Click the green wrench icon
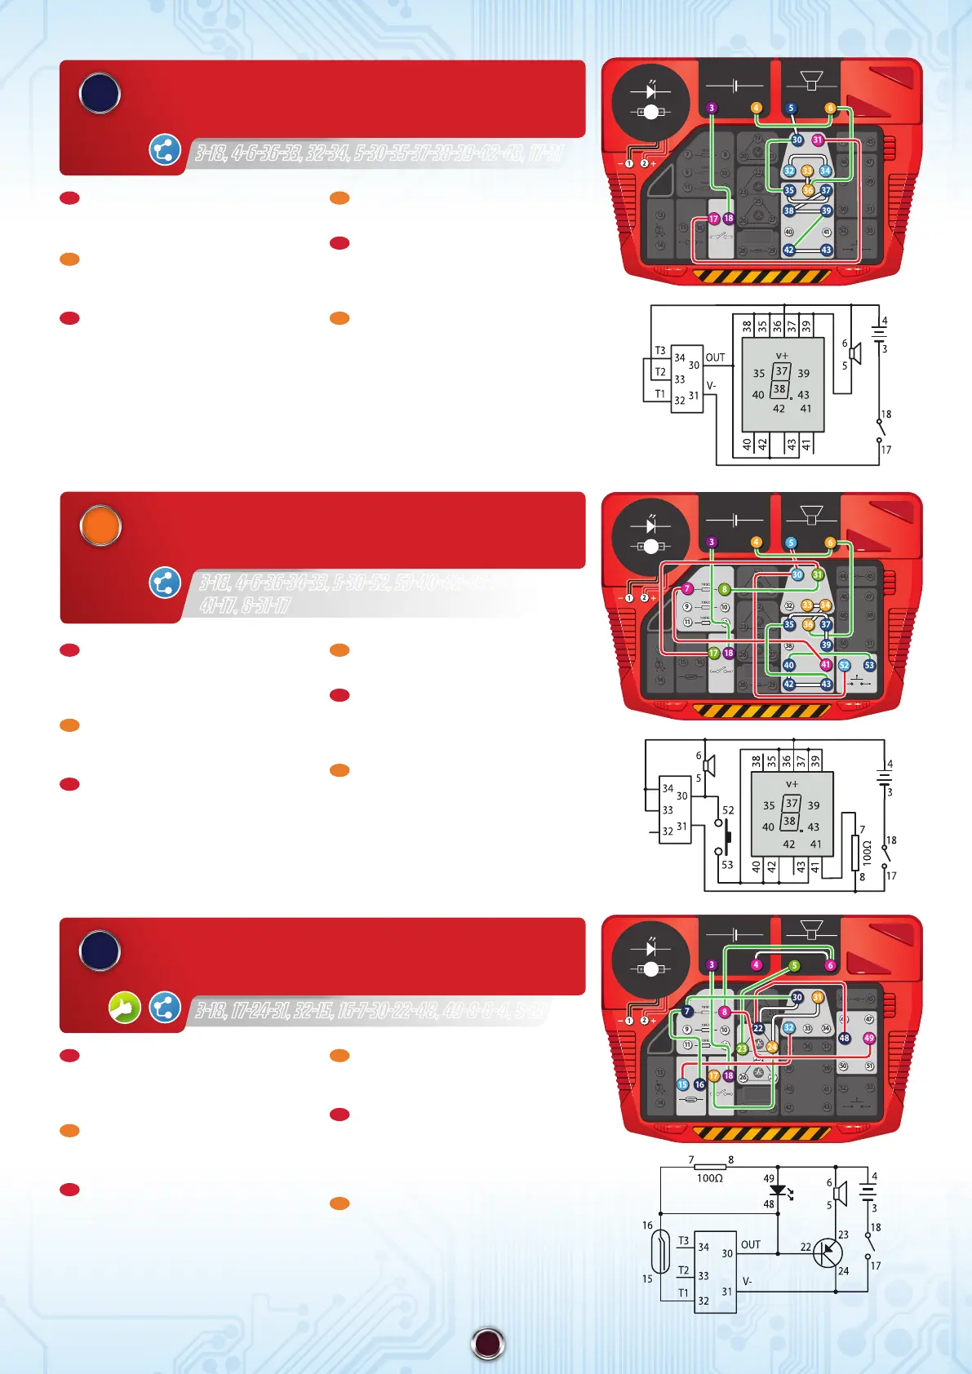125,1008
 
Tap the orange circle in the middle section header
100,526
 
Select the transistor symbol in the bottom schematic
828,1252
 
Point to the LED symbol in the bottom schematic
778,1190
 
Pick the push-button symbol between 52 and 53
726,835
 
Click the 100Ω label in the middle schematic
867,853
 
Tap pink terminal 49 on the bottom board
868,1039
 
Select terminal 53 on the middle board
869,666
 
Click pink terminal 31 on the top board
818,140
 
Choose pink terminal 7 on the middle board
687,589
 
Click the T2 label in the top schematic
660,372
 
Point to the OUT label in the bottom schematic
750,1244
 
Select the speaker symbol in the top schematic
854,354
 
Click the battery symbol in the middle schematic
884,776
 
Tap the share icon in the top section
165,150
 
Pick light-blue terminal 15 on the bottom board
683,1084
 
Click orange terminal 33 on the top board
806,171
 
